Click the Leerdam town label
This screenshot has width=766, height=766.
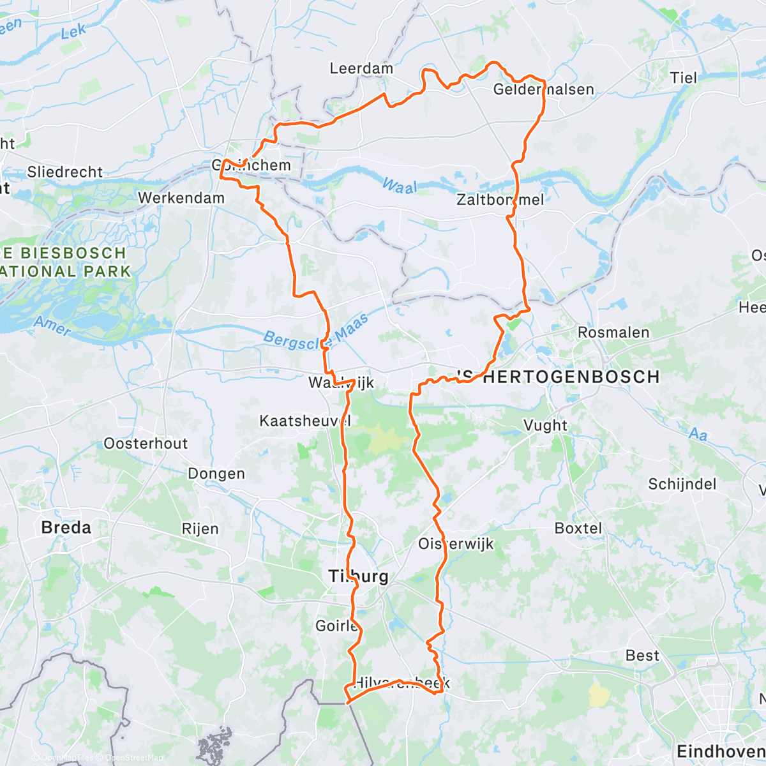point(361,68)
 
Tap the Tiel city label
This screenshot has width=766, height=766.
point(683,78)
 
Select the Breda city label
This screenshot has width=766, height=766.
point(66,528)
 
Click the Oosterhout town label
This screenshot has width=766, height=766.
point(146,444)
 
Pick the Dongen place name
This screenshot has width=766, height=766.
point(216,474)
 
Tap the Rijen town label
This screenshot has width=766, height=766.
point(200,529)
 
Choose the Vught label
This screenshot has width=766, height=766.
point(545,426)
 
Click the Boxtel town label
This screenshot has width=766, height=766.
point(578,529)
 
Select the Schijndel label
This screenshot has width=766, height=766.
point(682,484)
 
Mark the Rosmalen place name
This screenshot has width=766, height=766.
point(613,333)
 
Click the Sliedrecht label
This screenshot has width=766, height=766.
point(64,172)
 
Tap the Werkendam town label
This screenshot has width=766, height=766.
point(181,199)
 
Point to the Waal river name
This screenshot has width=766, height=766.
point(399,186)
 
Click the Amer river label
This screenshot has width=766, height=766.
point(52,326)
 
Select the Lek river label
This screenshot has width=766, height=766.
point(73,32)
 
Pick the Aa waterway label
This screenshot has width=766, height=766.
point(698,435)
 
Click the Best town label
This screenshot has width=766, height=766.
point(642,656)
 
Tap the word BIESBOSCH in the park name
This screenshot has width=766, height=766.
point(73,253)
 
